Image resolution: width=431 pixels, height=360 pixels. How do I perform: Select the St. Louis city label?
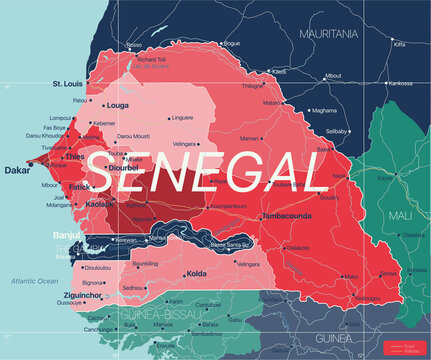click(x=69, y=84)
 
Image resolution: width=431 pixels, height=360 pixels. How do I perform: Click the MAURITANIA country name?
click(x=330, y=33)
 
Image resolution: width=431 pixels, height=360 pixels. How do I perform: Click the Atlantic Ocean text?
click(x=34, y=281)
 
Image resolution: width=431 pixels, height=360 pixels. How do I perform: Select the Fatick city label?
click(x=81, y=186)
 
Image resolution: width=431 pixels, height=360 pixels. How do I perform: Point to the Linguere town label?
click(x=182, y=117)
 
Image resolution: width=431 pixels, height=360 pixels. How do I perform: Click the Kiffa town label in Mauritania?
click(x=400, y=44)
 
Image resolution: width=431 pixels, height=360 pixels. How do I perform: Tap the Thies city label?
click(x=76, y=156)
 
